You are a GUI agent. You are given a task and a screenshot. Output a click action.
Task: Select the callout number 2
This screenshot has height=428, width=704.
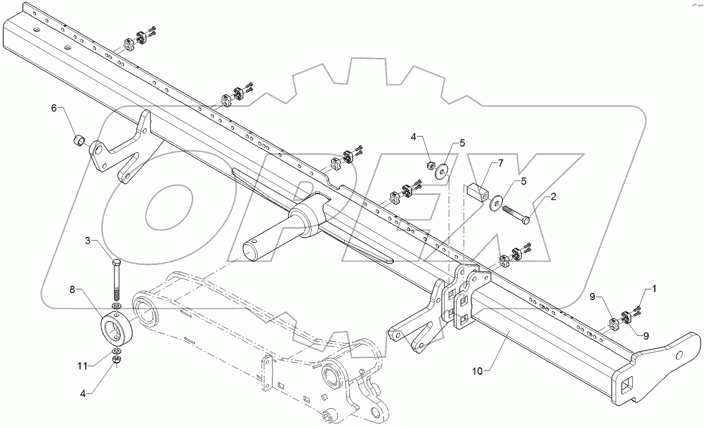point(553,197)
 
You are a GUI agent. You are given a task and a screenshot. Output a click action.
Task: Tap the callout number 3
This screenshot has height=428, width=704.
point(89,241)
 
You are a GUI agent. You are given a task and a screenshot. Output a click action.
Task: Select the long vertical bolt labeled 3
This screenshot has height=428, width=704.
point(116,279)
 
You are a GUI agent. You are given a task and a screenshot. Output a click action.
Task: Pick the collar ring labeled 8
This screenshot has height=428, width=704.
point(116,328)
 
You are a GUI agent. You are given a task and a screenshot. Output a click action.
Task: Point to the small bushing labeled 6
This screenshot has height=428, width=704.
point(79,141)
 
